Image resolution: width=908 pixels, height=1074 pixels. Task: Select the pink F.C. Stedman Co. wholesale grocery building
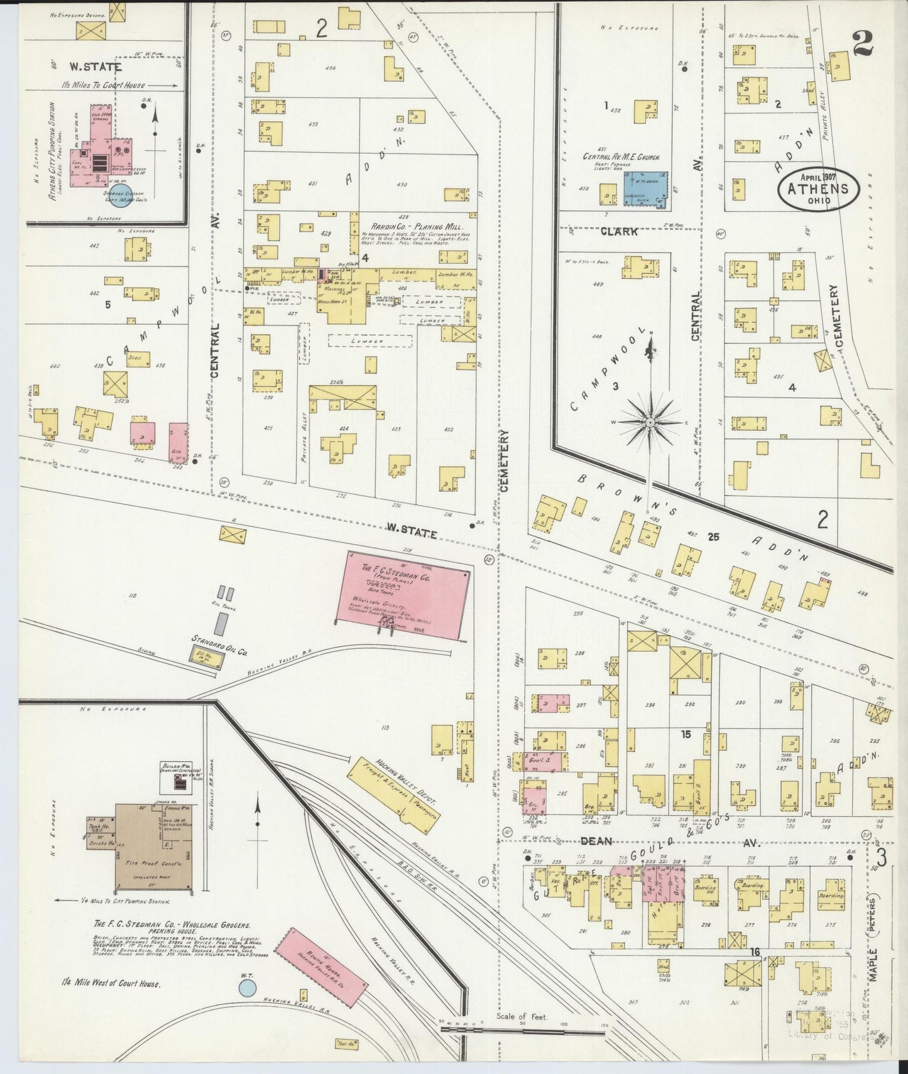click(x=403, y=594)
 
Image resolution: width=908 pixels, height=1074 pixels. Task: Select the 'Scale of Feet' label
click(x=521, y=1016)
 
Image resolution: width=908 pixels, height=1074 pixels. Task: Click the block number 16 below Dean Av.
click(x=755, y=952)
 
